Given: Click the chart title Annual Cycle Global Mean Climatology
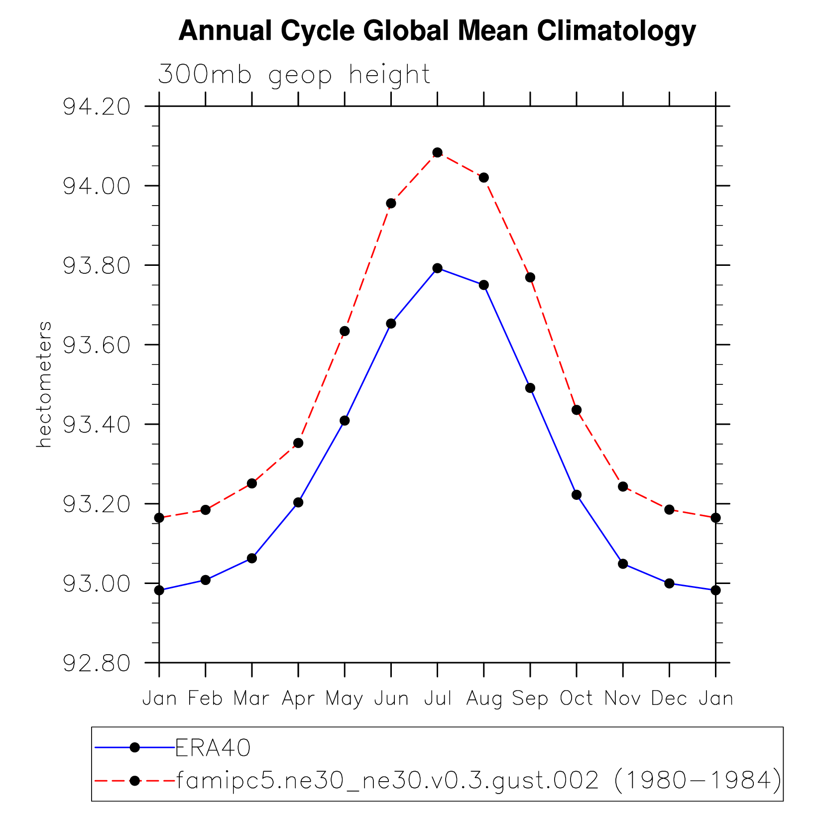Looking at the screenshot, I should pos(437,31).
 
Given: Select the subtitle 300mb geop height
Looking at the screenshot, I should pos(294,75).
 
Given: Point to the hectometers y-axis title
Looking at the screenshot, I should pos(44,384).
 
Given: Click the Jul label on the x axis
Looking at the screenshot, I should pos(438,699).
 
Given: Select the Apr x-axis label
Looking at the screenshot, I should pos(298,699).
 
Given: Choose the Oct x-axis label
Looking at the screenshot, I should pos(577,699).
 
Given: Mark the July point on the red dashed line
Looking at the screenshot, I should pos(438,152).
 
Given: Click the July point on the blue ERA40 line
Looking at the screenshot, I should pos(438,268).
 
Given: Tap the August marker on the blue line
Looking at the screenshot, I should pos(484,285).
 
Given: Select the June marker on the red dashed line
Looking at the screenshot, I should pos(391,203).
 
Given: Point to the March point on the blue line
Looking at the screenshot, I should pos(252,559).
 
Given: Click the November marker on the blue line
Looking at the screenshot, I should pos(623,564).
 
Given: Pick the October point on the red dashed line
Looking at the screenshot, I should pos(577,410).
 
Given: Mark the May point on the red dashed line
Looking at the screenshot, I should pos(345,331).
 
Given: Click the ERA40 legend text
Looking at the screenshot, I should pos(213,748).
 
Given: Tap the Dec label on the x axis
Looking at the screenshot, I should pos(669,699).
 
